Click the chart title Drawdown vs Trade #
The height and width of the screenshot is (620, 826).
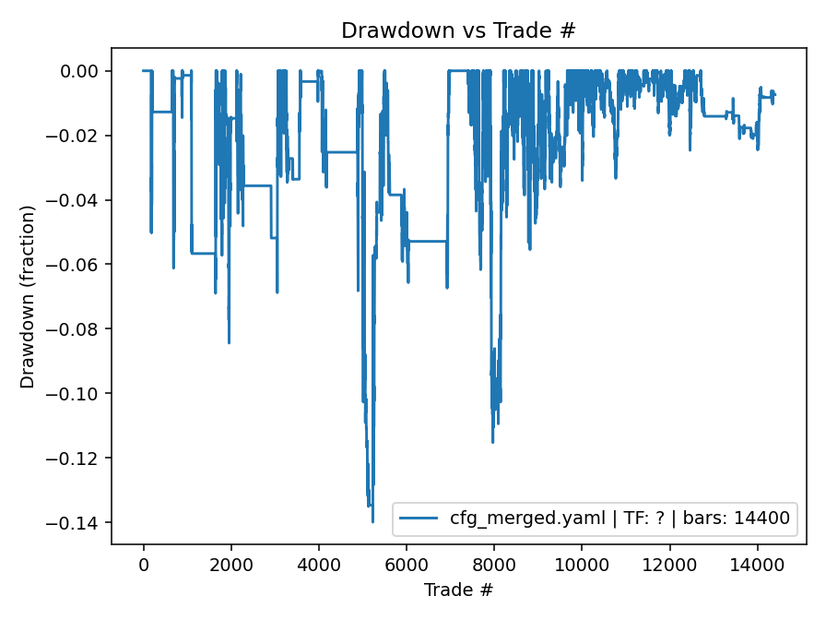(x=458, y=30)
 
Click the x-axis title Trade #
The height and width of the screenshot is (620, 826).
(x=458, y=589)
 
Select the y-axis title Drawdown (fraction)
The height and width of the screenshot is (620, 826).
(x=29, y=296)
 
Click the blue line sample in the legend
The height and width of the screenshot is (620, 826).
(x=420, y=519)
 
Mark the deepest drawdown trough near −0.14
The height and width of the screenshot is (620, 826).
(x=372, y=521)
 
